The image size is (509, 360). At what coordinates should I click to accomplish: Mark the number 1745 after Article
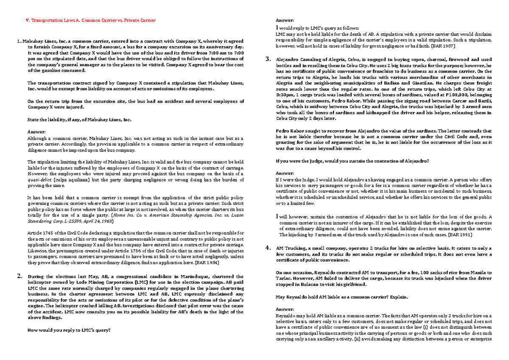pos(47,233)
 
